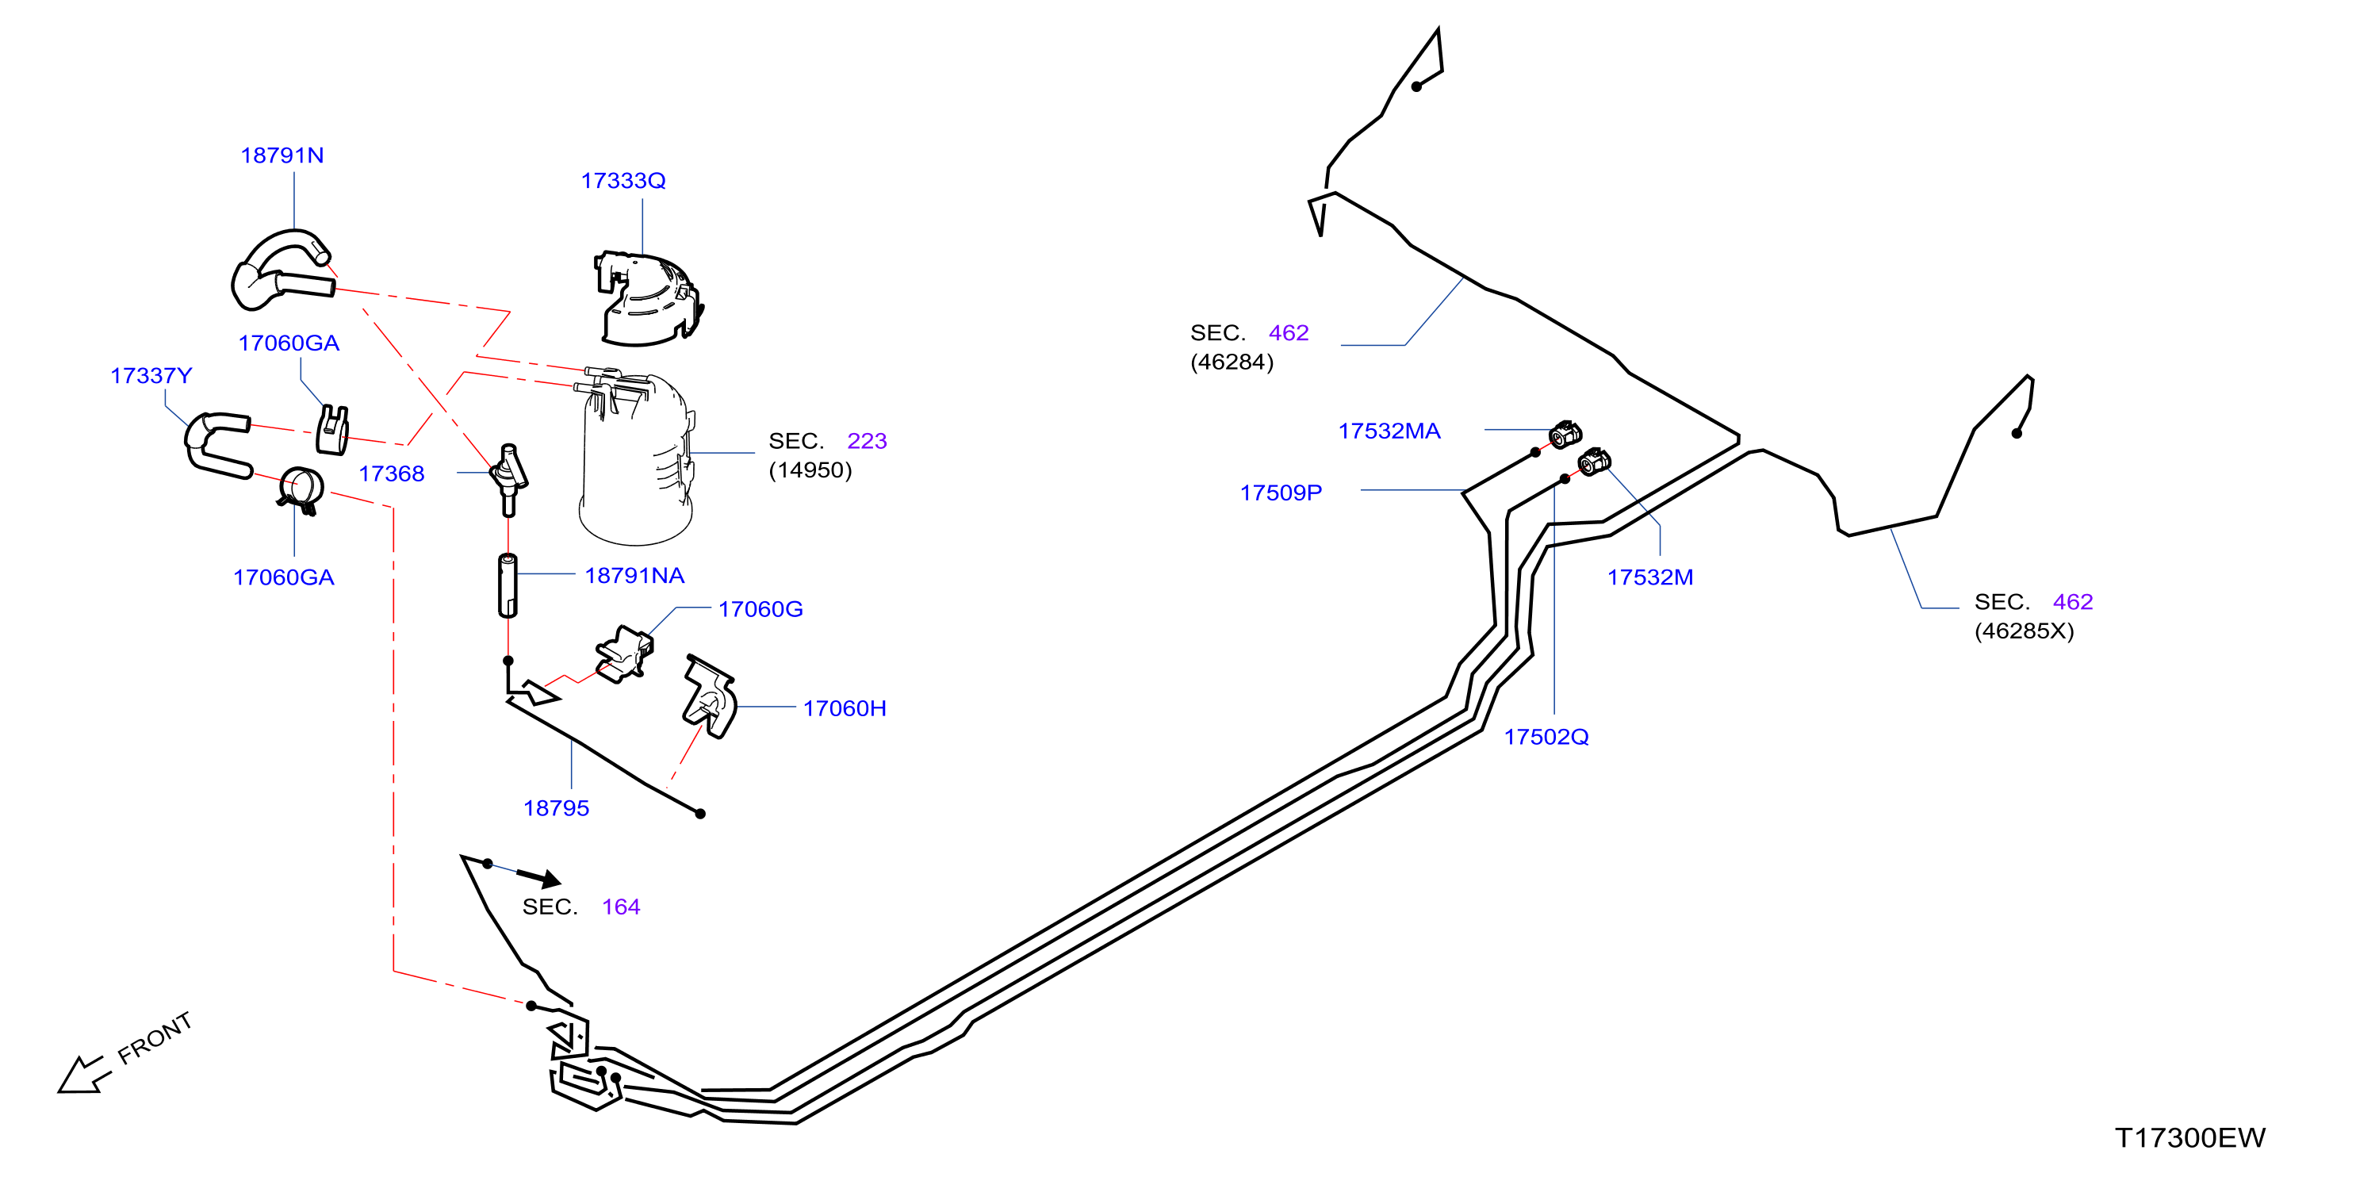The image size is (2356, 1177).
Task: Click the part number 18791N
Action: [282, 155]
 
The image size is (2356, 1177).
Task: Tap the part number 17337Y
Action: [151, 375]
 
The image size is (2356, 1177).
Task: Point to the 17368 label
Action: [392, 473]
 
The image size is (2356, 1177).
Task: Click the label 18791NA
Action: [634, 575]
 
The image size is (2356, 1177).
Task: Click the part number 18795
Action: [556, 807]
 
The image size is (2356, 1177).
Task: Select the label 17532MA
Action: [1389, 431]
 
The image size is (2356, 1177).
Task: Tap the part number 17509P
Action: [1281, 493]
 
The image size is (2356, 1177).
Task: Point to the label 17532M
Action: [1650, 577]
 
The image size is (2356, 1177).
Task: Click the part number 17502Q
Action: [1546, 736]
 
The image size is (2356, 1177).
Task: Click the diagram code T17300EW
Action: [2189, 1137]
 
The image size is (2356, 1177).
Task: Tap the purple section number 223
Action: [867, 441]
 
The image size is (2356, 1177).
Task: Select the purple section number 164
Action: [621, 907]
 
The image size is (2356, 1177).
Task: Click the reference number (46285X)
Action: [2024, 631]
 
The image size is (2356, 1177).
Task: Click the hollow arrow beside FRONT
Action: [83, 1074]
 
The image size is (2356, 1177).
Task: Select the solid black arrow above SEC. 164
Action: [538, 878]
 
